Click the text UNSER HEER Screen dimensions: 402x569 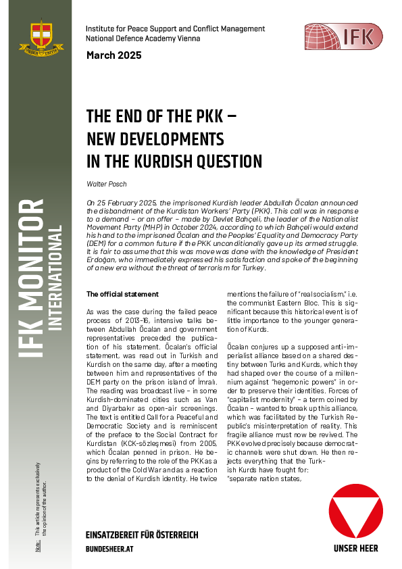click(x=355, y=549)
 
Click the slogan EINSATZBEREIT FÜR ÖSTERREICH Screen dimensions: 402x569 click(x=142, y=535)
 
